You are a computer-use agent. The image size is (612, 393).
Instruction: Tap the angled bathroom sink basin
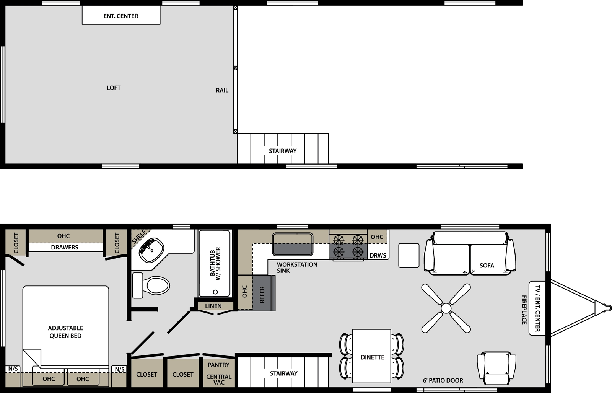(x=151, y=250)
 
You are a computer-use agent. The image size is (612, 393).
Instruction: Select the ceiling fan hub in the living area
(x=446, y=308)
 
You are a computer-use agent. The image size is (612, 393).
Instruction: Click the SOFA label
(x=487, y=265)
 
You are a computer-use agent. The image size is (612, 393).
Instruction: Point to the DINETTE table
(x=371, y=356)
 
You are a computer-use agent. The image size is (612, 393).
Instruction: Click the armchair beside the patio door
(x=496, y=369)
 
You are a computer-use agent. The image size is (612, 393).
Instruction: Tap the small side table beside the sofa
(x=409, y=255)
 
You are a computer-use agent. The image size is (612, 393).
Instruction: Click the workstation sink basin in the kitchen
(x=293, y=244)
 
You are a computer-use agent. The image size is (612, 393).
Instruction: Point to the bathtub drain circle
(x=215, y=292)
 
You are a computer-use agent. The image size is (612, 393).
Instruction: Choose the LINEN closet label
(x=213, y=306)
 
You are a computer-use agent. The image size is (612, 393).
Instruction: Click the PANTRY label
(x=218, y=365)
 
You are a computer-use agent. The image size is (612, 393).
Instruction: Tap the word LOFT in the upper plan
(x=114, y=88)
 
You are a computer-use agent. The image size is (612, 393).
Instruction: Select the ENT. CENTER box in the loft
(x=121, y=15)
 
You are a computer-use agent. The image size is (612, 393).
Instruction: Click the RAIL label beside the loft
(x=222, y=90)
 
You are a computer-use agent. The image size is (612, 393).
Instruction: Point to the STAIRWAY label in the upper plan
(x=283, y=151)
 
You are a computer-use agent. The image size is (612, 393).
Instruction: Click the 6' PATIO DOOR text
(x=443, y=380)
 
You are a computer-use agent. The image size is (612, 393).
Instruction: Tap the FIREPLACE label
(x=524, y=310)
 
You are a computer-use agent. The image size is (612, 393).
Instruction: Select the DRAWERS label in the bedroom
(x=65, y=247)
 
